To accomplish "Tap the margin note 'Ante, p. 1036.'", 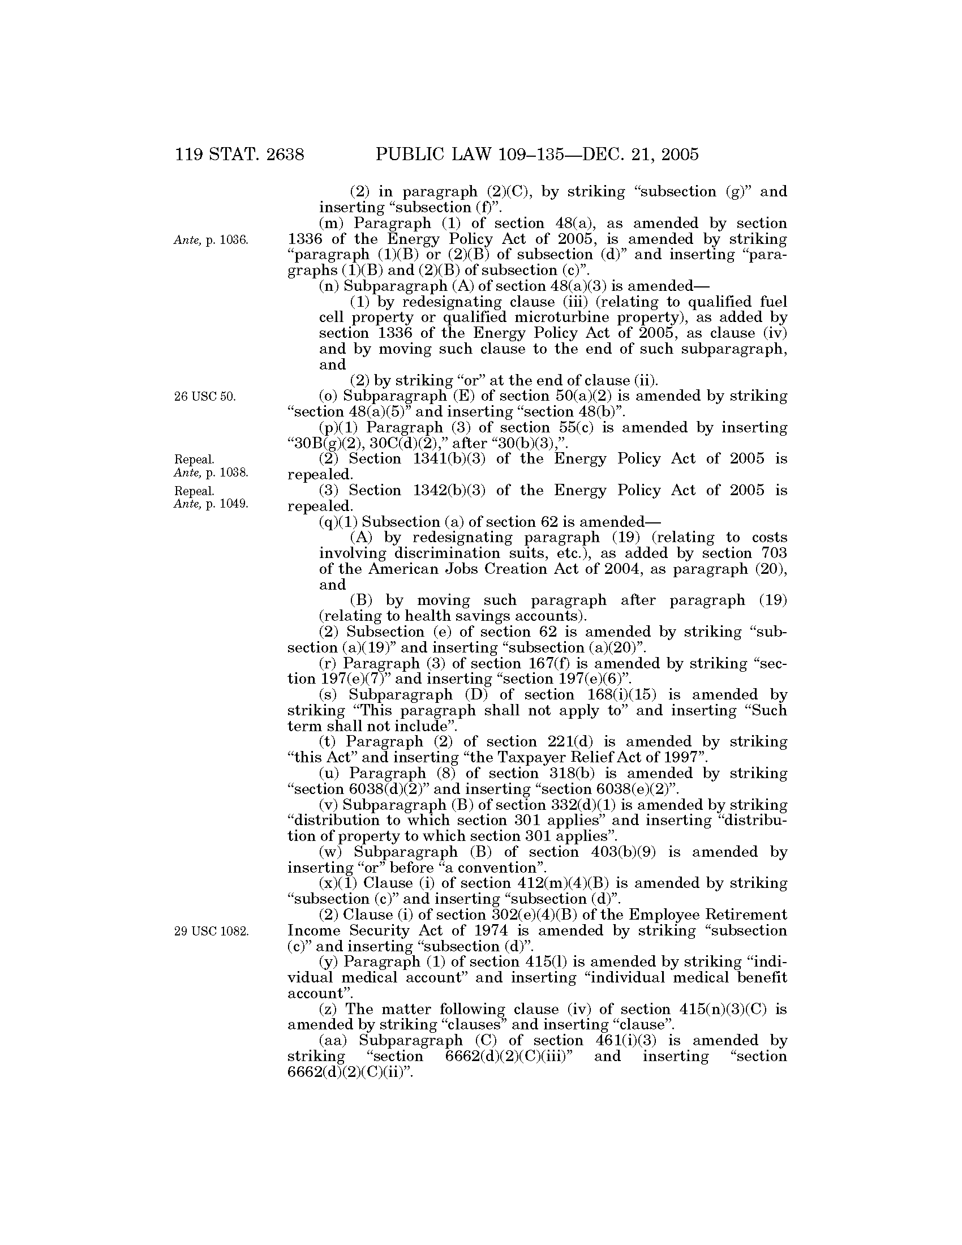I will click(x=211, y=240).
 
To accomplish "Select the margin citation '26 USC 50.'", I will click(x=205, y=397).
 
